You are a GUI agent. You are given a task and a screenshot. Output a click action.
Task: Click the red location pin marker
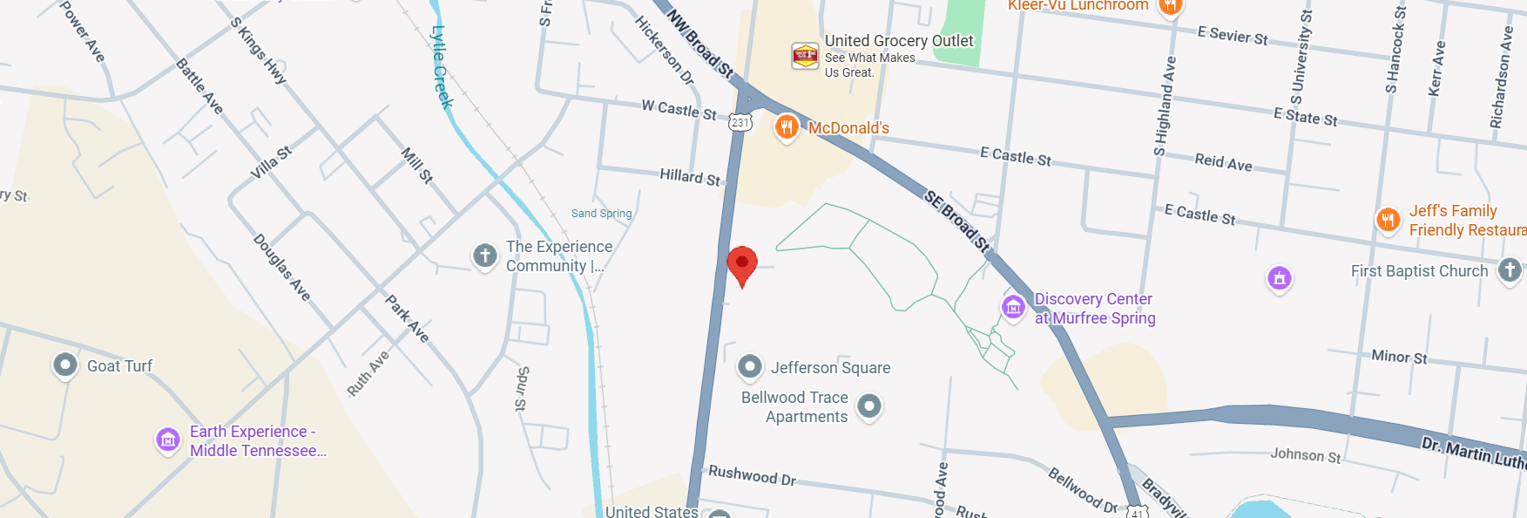[742, 263]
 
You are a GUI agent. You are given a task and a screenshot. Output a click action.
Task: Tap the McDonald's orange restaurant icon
[787, 128]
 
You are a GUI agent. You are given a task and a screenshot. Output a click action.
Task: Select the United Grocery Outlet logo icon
[805, 56]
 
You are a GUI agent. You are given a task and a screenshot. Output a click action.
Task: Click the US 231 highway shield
[740, 123]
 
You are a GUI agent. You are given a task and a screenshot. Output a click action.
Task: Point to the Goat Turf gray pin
[65, 365]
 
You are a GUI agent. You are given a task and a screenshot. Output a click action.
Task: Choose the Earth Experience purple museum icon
[168, 440]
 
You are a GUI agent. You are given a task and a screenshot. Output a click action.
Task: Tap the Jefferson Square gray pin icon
[750, 367]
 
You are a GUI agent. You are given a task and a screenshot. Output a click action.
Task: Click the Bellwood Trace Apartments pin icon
[869, 406]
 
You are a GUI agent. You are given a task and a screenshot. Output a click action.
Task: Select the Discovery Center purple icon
[1013, 307]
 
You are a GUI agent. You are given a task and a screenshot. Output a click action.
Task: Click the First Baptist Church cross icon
[1510, 270]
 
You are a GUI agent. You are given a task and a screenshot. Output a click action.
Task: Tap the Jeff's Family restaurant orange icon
[1388, 220]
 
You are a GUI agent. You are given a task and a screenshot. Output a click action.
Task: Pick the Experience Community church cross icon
[485, 256]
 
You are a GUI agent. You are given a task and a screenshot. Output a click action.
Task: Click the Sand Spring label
[601, 214]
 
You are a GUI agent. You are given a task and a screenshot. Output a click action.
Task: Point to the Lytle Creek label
[443, 67]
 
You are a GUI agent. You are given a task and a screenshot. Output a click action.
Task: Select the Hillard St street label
[690, 177]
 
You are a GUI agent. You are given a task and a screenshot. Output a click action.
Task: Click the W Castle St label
[679, 110]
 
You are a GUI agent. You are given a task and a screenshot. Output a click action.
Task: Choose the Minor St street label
[1399, 357]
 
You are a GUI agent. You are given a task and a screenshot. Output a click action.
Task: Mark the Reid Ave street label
[1223, 161]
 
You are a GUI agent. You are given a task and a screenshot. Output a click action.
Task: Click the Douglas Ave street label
[281, 267]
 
